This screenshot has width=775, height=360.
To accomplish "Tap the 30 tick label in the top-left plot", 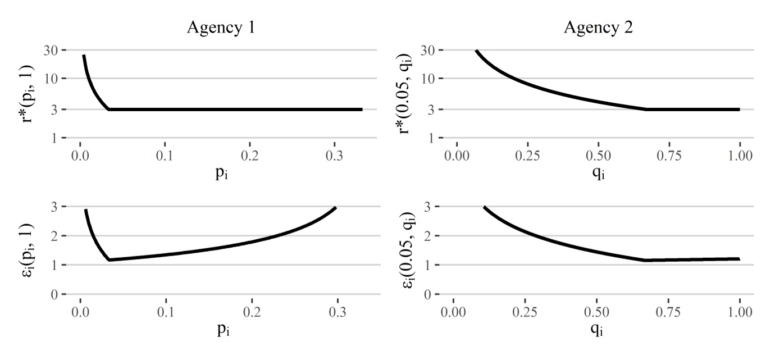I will [50, 50].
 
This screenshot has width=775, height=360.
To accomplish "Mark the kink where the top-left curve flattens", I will [109, 110].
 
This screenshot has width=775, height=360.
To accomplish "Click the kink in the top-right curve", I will [646, 110].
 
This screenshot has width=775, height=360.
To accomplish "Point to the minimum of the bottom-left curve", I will [109, 259].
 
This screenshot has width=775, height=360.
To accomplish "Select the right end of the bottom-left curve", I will [335, 207].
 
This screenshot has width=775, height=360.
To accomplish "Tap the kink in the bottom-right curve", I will [646, 260].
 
